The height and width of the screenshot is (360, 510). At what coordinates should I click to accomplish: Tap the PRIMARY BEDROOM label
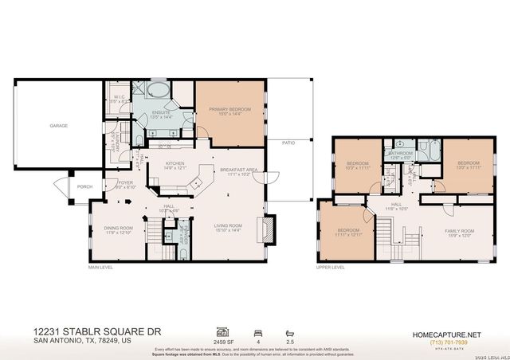pos(230,109)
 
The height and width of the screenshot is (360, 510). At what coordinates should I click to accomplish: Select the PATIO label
pos(288,143)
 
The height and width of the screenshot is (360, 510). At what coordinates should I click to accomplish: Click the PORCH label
pos(84,187)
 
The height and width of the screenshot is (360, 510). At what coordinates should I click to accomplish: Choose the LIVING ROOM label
pos(228,226)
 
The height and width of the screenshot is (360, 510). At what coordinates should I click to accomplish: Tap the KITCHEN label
pos(174,164)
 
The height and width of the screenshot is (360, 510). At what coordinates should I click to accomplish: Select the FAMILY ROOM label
pos(459,230)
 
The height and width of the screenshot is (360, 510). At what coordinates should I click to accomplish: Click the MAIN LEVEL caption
pos(101,268)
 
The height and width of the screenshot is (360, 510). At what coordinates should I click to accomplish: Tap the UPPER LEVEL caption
pos(331,268)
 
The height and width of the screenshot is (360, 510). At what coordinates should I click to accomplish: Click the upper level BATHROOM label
pos(400,155)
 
